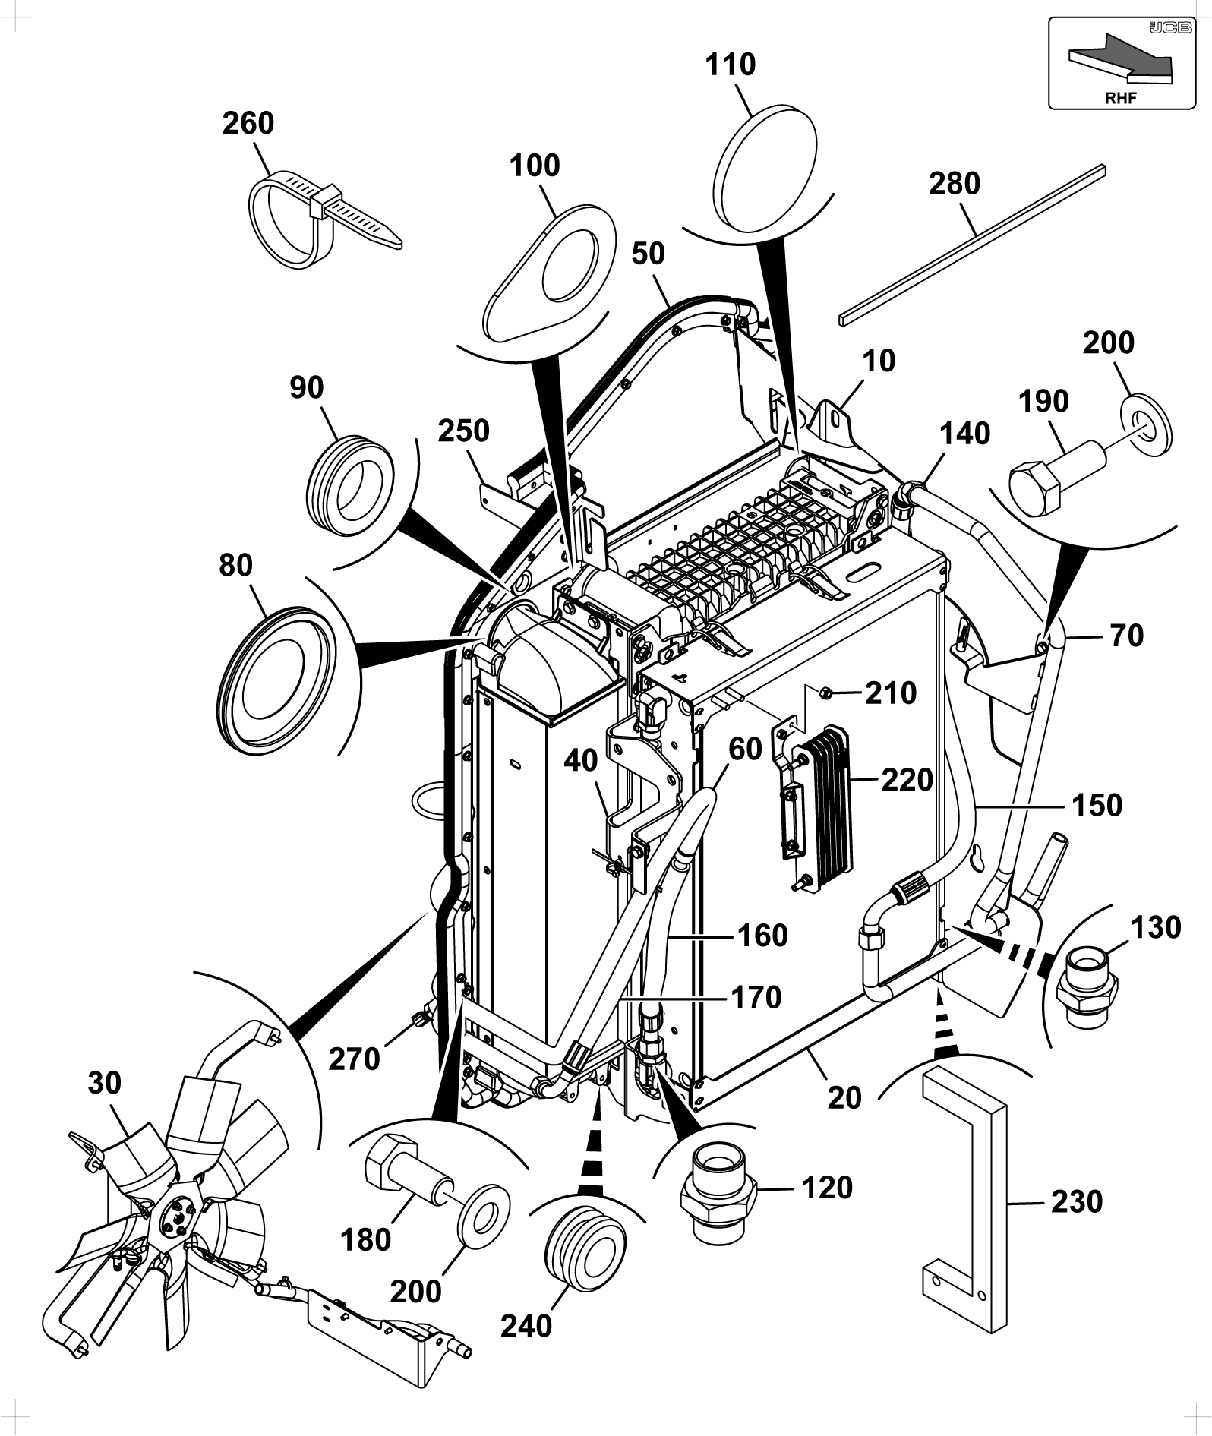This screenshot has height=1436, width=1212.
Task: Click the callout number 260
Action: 248,123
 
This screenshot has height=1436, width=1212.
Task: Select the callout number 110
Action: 731,65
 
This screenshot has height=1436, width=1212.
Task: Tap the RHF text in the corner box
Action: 1121,98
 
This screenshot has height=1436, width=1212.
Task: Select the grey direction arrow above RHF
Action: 1121,58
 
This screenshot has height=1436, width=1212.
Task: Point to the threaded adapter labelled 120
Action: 718,1201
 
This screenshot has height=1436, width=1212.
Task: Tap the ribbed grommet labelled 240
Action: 585,1246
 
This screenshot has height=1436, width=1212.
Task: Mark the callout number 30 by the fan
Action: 104,1083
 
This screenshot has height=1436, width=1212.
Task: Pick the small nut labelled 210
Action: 828,692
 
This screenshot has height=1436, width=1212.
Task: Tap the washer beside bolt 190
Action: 1146,424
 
